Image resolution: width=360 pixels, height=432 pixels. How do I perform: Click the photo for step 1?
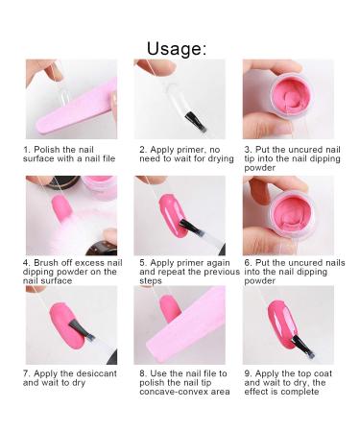(71, 101)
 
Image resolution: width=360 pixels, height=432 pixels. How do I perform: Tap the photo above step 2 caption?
(180, 101)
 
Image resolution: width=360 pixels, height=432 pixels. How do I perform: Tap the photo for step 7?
(71, 324)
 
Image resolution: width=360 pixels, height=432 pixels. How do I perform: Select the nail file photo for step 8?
(180, 324)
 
